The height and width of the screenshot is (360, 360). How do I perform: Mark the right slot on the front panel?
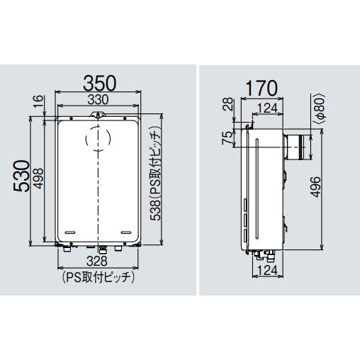click(125, 232)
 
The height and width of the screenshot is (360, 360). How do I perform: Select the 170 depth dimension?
click(261, 89)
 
